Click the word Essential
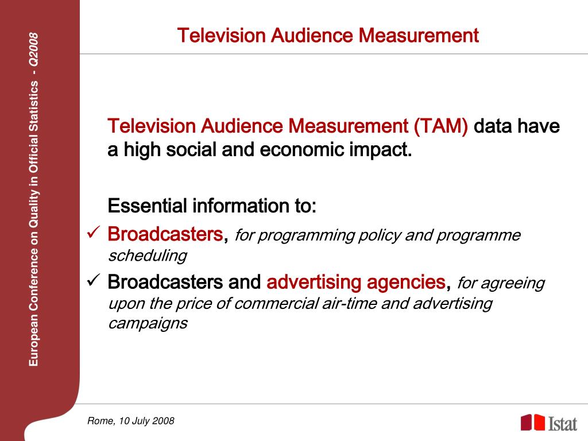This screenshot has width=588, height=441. tap(148, 205)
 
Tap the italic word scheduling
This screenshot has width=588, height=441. tap(148, 256)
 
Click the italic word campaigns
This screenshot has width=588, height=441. tap(148, 323)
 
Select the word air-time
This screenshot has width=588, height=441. tap(349, 303)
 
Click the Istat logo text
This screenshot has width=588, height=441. tap(562, 424)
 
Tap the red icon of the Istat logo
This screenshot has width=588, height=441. tap(532, 423)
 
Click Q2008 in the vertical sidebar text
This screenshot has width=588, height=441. tap(34, 49)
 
